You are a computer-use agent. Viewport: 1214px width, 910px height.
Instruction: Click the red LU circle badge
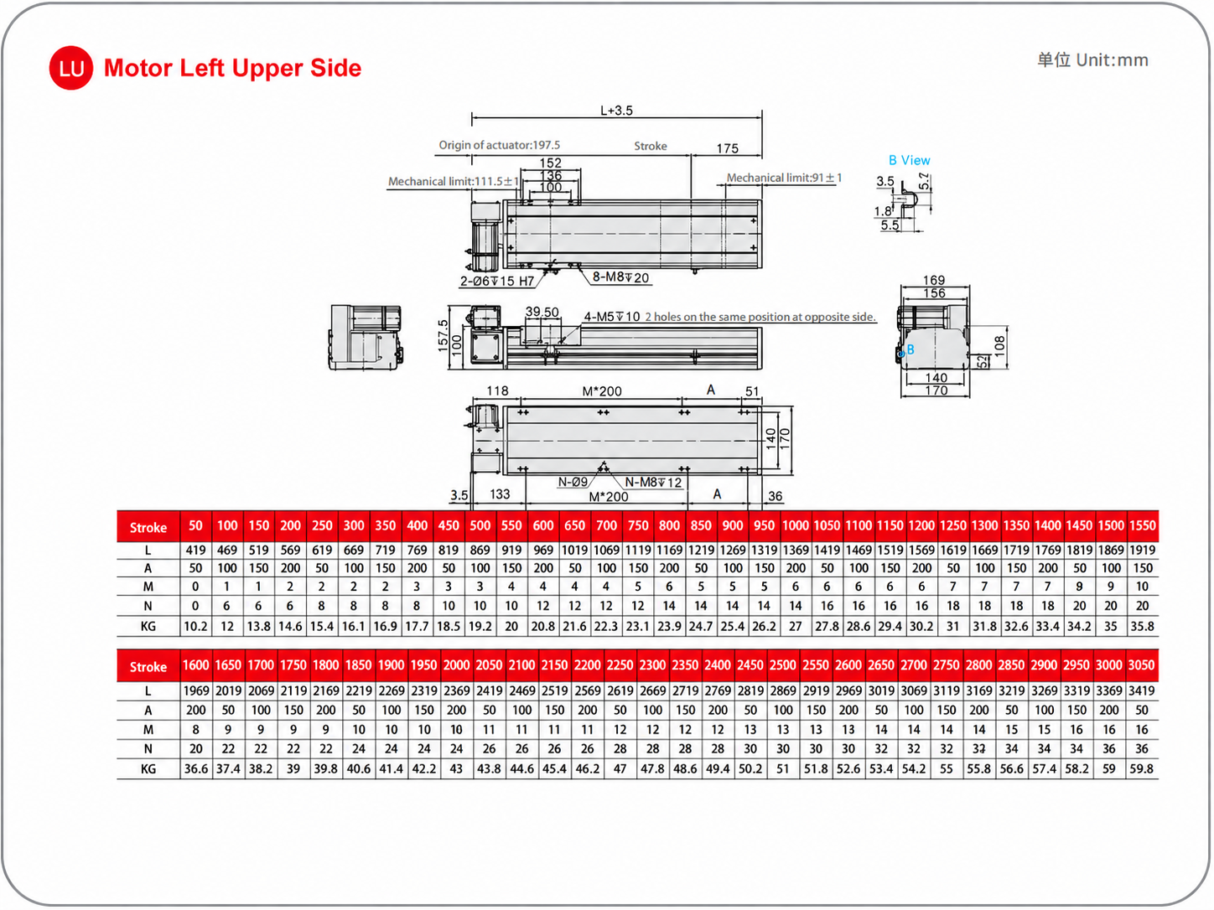(70, 68)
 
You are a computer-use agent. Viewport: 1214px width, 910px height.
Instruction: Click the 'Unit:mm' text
(1113, 60)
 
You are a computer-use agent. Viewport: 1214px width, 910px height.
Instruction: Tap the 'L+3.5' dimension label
(616, 111)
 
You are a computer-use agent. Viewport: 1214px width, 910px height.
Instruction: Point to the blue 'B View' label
(910, 160)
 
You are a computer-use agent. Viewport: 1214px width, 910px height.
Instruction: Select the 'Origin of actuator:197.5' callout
(499, 145)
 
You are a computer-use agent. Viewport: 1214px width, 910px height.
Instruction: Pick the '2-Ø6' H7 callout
(496, 282)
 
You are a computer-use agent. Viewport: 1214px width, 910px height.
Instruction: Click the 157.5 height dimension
(443, 335)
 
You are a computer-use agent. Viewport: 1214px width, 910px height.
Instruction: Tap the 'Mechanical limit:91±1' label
(784, 178)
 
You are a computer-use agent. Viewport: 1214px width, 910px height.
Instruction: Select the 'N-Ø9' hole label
(573, 482)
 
